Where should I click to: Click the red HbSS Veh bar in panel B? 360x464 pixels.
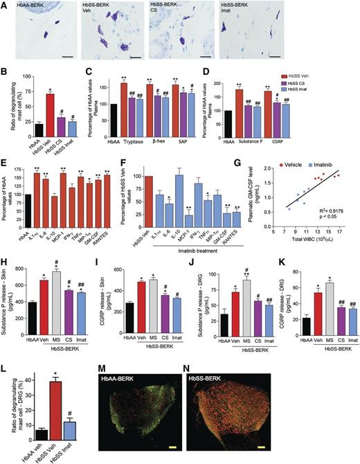point(51,111)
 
